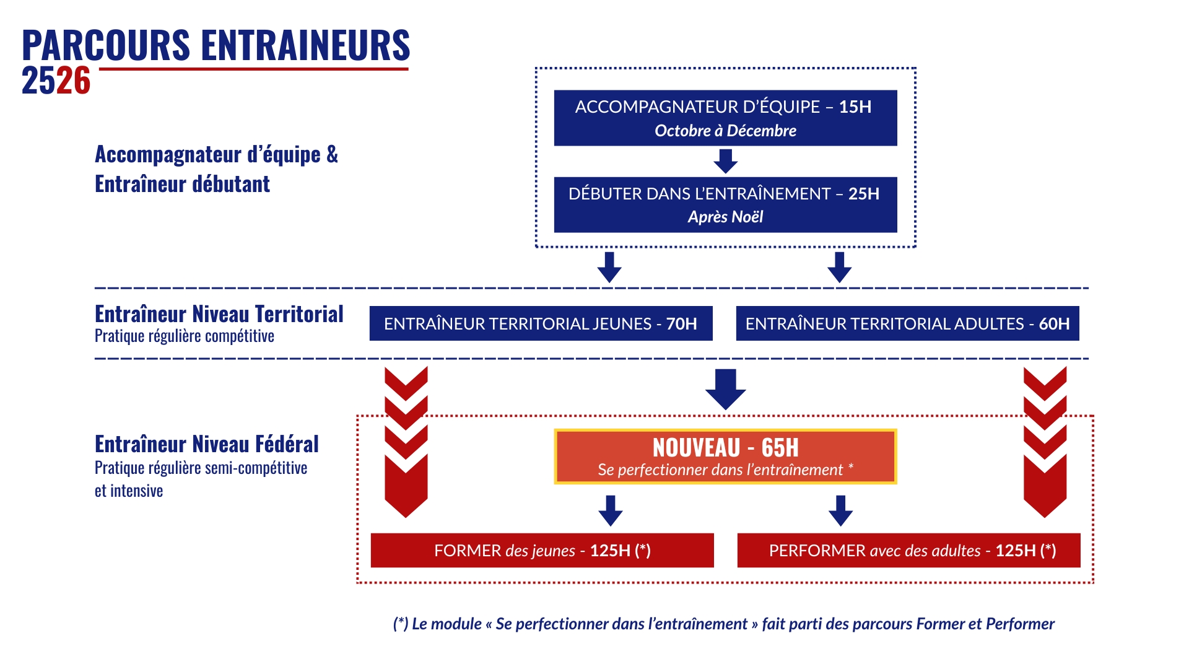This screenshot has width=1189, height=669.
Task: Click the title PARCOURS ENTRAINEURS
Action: (x=216, y=45)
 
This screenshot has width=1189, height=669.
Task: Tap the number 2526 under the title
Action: (x=56, y=81)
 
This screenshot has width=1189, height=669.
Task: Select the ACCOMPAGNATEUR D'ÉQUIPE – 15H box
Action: (x=725, y=118)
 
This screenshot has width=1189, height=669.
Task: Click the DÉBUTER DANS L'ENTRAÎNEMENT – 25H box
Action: (x=725, y=204)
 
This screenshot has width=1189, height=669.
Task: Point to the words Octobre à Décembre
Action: (x=725, y=131)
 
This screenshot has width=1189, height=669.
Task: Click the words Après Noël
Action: (x=725, y=217)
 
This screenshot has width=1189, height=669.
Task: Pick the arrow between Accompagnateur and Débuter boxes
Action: (x=726, y=161)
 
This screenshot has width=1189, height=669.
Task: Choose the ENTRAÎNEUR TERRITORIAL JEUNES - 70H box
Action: (x=541, y=323)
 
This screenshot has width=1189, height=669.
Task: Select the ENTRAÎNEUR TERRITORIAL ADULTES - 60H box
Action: (x=907, y=323)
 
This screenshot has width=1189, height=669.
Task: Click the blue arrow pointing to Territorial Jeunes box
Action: (x=609, y=267)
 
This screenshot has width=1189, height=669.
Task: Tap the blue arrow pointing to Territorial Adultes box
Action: (x=840, y=267)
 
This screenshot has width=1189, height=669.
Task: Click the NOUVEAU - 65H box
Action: (x=725, y=457)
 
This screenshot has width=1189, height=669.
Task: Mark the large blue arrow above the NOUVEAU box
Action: (x=726, y=389)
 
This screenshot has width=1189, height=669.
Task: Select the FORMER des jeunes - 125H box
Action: (x=542, y=550)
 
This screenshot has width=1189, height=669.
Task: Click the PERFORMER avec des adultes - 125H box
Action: (x=908, y=550)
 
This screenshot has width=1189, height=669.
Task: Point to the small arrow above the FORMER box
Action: (x=611, y=510)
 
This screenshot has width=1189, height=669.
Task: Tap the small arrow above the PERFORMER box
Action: (x=841, y=510)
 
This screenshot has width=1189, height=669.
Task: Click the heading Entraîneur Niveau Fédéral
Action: (x=207, y=444)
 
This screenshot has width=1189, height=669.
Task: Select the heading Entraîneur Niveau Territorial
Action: (x=219, y=314)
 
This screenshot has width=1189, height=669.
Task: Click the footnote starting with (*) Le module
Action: (x=723, y=624)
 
